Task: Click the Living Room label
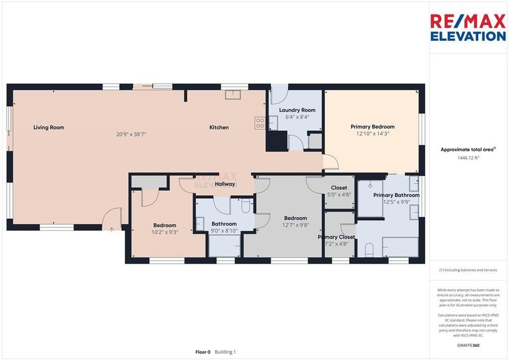[48, 127]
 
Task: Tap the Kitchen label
[219, 127]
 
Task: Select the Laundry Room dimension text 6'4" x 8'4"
[297, 117]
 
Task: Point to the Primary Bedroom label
[372, 127]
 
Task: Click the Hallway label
[225, 184]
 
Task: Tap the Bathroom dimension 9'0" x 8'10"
[224, 230]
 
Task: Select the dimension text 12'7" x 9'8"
[296, 225]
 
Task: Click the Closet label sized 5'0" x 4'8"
[339, 188]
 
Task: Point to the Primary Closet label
[336, 237]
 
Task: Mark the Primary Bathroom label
[396, 195]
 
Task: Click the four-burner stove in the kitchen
[260, 123]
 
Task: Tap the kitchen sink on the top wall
[233, 94]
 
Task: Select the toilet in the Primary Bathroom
[369, 249]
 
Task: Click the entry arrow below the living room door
[111, 229]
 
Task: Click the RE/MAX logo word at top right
[468, 21]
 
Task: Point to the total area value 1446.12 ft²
[468, 158]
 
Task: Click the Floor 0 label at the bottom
[202, 352]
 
